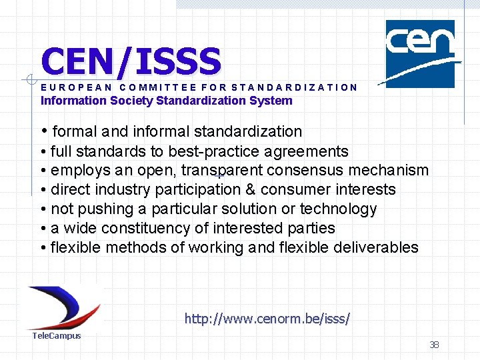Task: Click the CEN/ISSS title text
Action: click(131, 61)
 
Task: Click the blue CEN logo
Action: click(420, 53)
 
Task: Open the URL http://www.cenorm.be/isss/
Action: click(267, 319)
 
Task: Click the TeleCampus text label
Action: click(57, 335)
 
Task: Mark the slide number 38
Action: click(434, 345)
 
